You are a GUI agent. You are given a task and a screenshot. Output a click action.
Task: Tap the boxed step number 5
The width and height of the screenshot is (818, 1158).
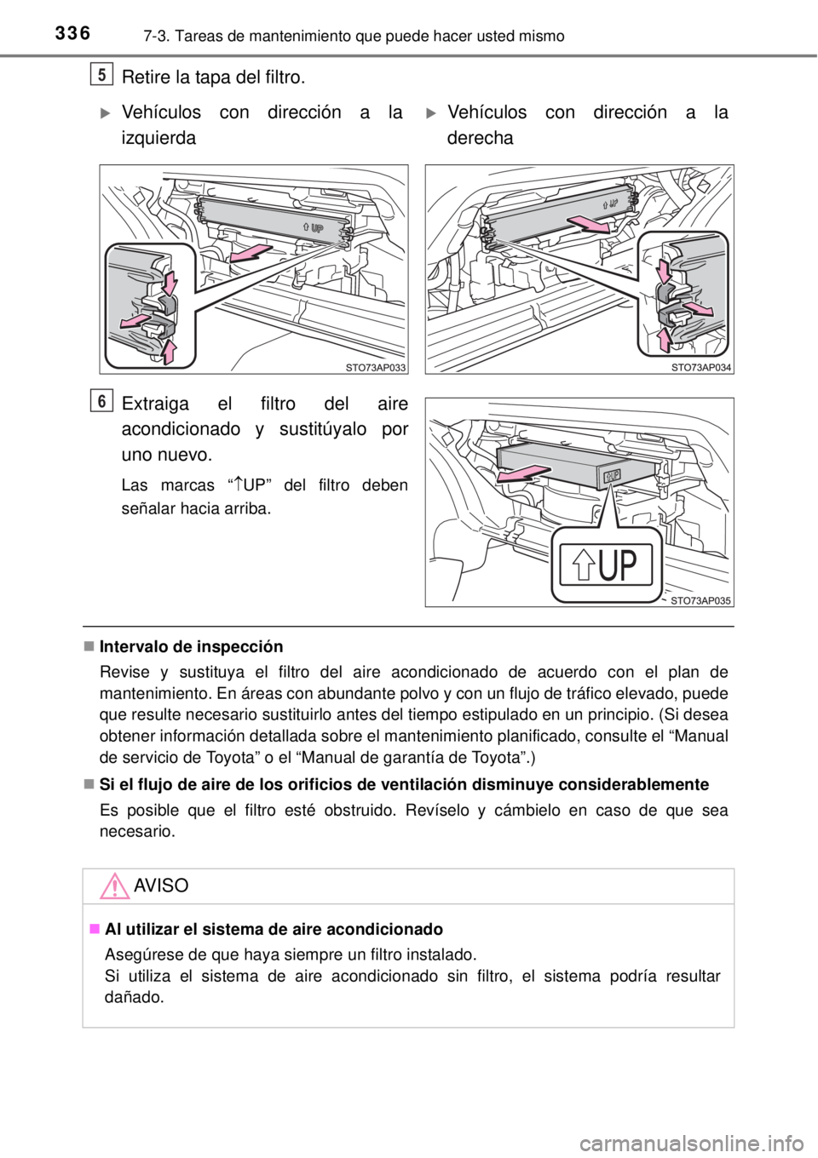coord(102,74)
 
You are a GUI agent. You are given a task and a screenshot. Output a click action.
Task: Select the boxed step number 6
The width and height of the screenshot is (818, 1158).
coord(102,401)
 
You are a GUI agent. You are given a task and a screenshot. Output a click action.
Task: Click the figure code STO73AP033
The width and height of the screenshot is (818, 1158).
coord(375,368)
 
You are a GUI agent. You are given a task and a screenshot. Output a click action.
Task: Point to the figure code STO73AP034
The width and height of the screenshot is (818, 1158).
coord(701,368)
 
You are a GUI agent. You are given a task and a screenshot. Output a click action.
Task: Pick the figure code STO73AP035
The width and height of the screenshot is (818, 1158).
coord(701,601)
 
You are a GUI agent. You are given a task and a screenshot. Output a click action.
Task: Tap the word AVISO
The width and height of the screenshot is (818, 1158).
coord(161,886)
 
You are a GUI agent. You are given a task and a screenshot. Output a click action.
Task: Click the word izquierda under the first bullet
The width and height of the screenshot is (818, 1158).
coord(158,138)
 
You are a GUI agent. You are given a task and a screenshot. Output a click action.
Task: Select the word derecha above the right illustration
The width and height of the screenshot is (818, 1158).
coord(480,138)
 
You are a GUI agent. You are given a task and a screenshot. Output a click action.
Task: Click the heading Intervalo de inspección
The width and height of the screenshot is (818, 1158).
coord(191,647)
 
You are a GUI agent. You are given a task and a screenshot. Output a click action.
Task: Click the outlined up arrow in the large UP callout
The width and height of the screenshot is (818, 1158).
coord(583,565)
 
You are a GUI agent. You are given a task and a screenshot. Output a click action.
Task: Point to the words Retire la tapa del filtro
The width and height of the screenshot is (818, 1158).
coord(213,77)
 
